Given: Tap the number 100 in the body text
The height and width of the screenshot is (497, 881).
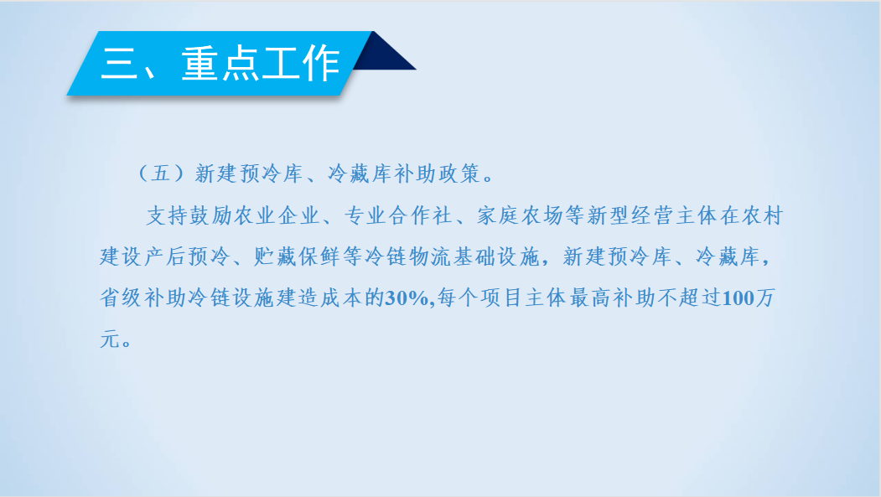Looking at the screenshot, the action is [738, 298].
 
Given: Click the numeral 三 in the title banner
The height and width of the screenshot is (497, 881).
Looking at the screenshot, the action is [118, 63].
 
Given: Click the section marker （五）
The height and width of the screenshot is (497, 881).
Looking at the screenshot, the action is [161, 173].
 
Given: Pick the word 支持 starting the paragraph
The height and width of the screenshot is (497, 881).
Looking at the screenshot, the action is [167, 215].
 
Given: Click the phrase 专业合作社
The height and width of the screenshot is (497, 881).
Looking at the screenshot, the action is [398, 215].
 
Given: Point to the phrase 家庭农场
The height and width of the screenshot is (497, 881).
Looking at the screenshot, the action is [520, 215].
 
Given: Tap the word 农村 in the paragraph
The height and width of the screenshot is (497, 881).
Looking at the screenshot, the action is [762, 215].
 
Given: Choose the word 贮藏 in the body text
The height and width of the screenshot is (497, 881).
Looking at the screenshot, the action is [275, 256].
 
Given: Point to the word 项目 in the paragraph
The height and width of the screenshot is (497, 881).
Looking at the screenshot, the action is [501, 298].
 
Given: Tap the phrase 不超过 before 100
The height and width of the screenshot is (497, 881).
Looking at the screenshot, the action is [689, 298].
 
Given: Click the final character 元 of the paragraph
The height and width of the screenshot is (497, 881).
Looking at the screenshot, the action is [110, 339].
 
